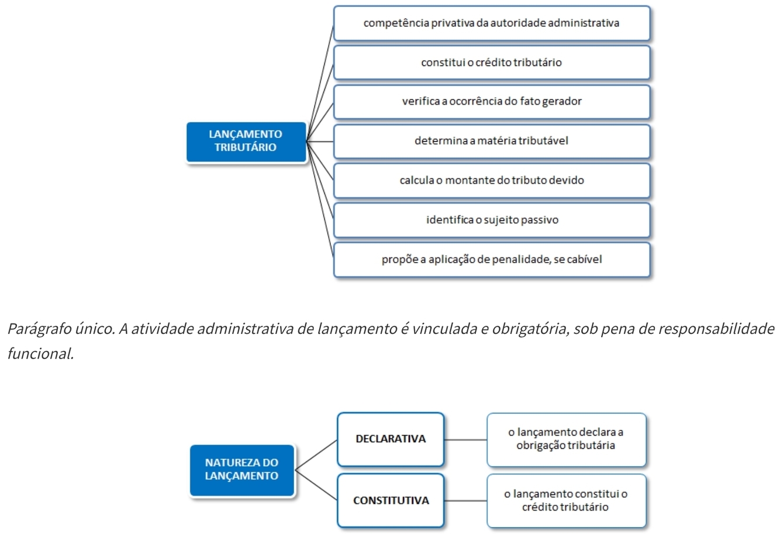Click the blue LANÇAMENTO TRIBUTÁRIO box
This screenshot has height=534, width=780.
246,142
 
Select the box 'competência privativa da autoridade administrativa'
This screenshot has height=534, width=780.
491,23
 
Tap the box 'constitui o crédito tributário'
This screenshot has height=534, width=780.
491,63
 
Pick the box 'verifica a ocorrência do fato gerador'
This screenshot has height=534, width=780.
491,102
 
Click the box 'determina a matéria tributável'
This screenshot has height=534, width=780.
491,141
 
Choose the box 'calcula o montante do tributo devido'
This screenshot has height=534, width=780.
491,181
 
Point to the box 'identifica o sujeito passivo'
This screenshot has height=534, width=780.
491,220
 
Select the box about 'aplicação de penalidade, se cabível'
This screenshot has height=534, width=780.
491,259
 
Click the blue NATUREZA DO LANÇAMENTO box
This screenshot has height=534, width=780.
241,470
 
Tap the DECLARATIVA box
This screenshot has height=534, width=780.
391,439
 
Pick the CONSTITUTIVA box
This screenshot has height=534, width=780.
391,501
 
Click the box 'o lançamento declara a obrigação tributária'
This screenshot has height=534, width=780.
566,439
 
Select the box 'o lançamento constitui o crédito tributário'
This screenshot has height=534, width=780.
566,501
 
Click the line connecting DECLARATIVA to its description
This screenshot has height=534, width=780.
465,439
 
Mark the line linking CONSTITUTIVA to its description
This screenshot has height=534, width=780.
465,501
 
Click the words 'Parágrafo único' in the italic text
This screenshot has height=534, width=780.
60,329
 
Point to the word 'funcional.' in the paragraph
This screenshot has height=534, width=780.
40,354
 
